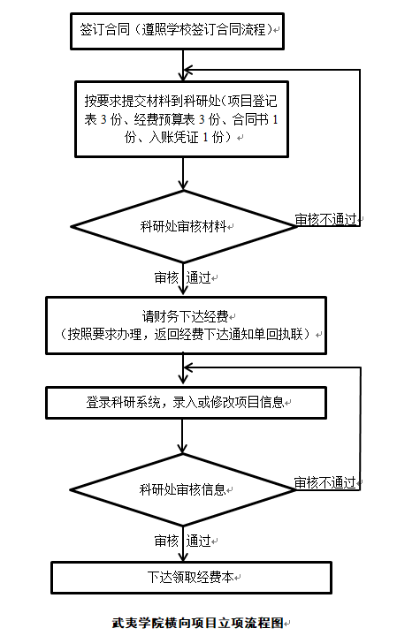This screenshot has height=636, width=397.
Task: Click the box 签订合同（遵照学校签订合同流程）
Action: click(x=177, y=31)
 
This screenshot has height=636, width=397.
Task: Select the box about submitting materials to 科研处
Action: click(x=181, y=119)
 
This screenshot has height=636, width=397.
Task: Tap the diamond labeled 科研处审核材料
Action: click(x=184, y=226)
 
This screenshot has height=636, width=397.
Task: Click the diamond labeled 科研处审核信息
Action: click(x=183, y=490)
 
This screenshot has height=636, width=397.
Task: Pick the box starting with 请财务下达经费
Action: click(x=186, y=326)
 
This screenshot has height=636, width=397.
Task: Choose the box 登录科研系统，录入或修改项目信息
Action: click(x=186, y=403)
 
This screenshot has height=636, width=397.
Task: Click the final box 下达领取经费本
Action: click(x=191, y=578)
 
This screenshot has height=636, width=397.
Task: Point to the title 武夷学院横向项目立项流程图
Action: click(x=198, y=623)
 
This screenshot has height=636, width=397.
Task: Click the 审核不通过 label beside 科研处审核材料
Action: click(x=325, y=219)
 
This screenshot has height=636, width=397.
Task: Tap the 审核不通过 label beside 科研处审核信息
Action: click(x=324, y=482)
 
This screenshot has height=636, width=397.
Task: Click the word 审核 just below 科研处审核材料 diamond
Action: click(x=166, y=278)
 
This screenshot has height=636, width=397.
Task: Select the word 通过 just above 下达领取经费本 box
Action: click(x=199, y=541)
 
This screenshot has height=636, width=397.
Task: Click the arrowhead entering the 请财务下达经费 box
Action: click(x=184, y=291)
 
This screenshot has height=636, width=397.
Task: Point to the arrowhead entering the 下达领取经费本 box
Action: click(x=184, y=556)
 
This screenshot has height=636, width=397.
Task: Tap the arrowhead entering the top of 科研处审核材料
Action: click(x=184, y=185)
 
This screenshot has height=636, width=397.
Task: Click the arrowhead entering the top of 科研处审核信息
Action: click(x=183, y=448)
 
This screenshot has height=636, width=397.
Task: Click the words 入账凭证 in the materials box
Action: click(x=174, y=138)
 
